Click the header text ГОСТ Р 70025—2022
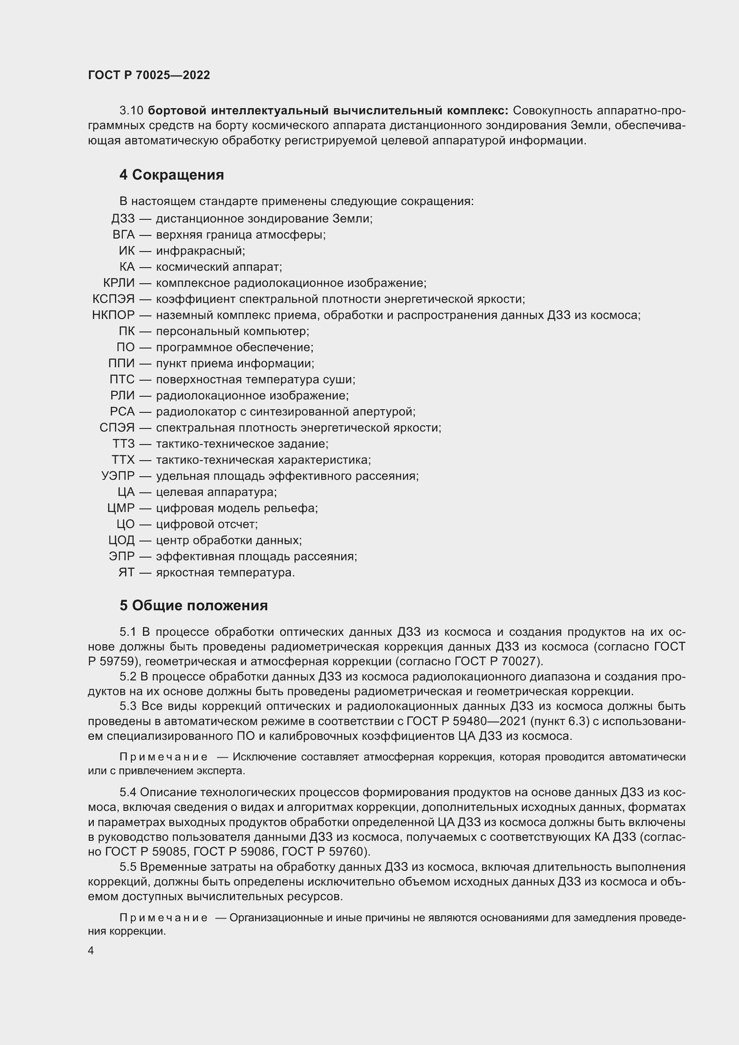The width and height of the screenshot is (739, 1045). click(149, 76)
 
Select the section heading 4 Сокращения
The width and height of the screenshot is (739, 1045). click(172, 175)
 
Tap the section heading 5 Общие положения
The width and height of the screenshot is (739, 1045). click(193, 606)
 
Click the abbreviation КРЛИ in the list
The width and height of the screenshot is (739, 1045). click(119, 283)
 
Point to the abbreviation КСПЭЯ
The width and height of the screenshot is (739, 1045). click(113, 299)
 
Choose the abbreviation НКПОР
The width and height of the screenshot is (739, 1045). click(113, 315)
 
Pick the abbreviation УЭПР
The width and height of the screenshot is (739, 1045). click(118, 476)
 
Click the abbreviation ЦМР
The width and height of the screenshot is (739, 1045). click(121, 508)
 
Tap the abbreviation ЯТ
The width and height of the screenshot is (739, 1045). click(126, 573)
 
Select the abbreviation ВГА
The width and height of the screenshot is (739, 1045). click(124, 235)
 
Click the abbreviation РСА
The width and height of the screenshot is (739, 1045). click(122, 411)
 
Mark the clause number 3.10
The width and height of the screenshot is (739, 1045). click(131, 111)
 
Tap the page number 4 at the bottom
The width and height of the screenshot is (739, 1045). click(91, 951)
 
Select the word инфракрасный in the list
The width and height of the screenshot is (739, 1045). click(200, 251)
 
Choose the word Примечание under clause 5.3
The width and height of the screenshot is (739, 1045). click(164, 757)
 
